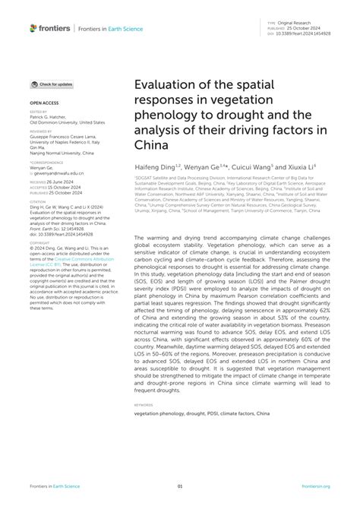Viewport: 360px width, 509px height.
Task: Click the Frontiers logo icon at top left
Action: (x=33, y=28)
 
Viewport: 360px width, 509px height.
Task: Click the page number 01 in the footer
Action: (x=180, y=487)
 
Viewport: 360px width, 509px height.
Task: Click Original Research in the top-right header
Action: (x=298, y=22)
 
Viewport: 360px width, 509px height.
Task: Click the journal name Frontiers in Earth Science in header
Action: (x=106, y=29)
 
